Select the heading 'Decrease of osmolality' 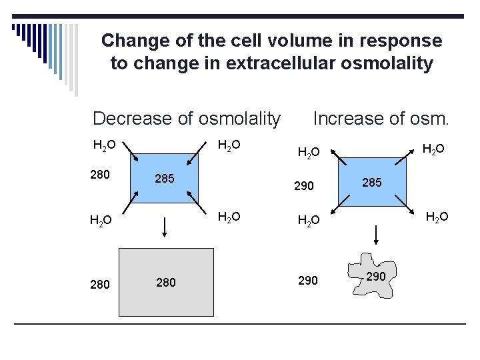pyautogui.click(x=187, y=119)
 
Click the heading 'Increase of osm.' pyautogui.click(x=381, y=119)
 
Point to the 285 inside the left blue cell pyautogui.click(x=165, y=179)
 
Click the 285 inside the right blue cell pyautogui.click(x=371, y=181)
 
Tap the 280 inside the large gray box pyautogui.click(x=165, y=282)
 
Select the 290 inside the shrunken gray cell pyautogui.click(x=376, y=275)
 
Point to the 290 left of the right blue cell pyautogui.click(x=303, y=187)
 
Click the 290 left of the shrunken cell pyautogui.click(x=307, y=281)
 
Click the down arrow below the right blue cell pyautogui.click(x=377, y=235)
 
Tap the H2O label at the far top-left pyautogui.click(x=104, y=145)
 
